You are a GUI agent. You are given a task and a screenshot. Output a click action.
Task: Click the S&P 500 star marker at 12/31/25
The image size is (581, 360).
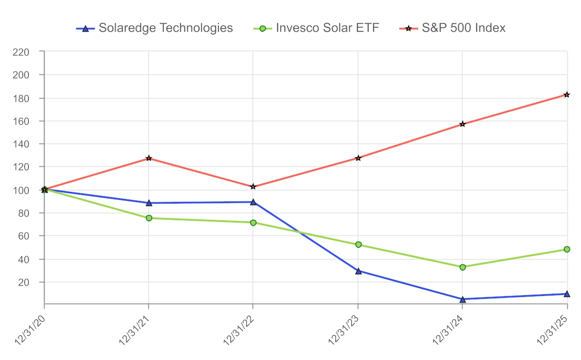[x=567, y=95]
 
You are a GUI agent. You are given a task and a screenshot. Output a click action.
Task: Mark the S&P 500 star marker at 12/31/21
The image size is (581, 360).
[x=149, y=158]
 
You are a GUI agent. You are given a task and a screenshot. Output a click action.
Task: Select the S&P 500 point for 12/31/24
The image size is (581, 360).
[x=463, y=124]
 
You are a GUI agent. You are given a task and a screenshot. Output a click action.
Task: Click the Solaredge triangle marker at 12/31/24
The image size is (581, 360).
[x=463, y=299]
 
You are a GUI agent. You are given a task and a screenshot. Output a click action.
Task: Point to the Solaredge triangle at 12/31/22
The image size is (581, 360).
[x=253, y=202]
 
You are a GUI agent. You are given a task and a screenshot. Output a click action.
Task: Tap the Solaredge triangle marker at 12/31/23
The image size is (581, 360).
[x=358, y=271]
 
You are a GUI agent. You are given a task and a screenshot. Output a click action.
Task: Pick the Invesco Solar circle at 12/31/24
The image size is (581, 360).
[x=463, y=267]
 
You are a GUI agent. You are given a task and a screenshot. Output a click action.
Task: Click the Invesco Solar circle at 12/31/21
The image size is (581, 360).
[x=149, y=218]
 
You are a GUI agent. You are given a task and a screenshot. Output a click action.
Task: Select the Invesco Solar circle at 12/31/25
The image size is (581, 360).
[x=567, y=249]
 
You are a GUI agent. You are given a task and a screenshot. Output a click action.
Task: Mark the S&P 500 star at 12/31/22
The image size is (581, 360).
[x=253, y=187]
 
